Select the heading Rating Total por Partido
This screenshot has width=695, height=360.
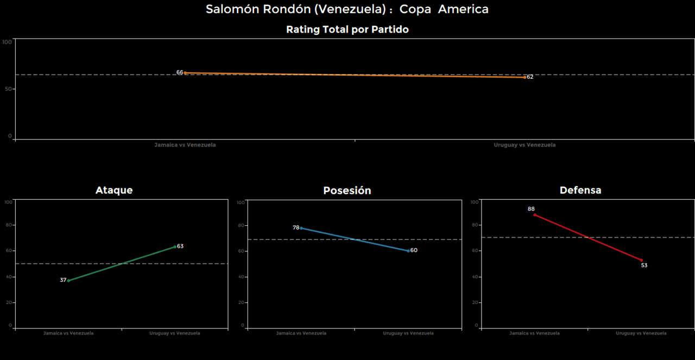[347, 30]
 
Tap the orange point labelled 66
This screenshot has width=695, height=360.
[185, 73]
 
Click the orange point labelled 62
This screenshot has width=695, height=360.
[525, 77]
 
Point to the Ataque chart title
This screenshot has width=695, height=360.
[114, 190]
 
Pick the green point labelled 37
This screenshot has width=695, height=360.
[69, 280]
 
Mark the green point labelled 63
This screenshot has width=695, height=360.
[175, 247]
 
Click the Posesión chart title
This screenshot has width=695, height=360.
[347, 191]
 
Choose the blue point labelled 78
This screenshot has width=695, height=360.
[301, 228]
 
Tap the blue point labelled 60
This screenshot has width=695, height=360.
[408, 251]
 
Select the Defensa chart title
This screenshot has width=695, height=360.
[580, 190]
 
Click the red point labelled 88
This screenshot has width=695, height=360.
[534, 215]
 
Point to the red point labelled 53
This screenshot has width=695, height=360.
[641, 260]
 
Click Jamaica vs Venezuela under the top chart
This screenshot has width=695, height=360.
[185, 145]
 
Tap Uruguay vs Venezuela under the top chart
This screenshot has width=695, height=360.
[525, 145]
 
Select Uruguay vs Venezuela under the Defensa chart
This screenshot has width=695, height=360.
[641, 333]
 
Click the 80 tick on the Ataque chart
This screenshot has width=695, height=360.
[8, 225]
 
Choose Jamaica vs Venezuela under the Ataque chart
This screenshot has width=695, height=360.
[68, 333]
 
